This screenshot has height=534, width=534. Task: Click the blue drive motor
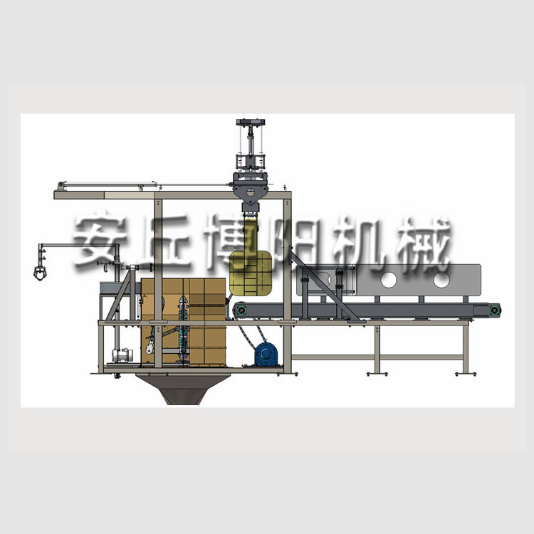tap(266, 354)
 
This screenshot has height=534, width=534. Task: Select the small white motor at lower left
tap(120, 355)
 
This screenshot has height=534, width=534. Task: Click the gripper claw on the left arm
tap(40, 273)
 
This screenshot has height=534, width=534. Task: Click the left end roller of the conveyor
tap(241, 310)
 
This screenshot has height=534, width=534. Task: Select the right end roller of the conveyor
tap(494, 310)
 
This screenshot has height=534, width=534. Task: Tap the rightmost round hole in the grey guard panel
tap(441, 280)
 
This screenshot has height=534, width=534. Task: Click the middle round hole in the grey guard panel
tap(389, 280)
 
